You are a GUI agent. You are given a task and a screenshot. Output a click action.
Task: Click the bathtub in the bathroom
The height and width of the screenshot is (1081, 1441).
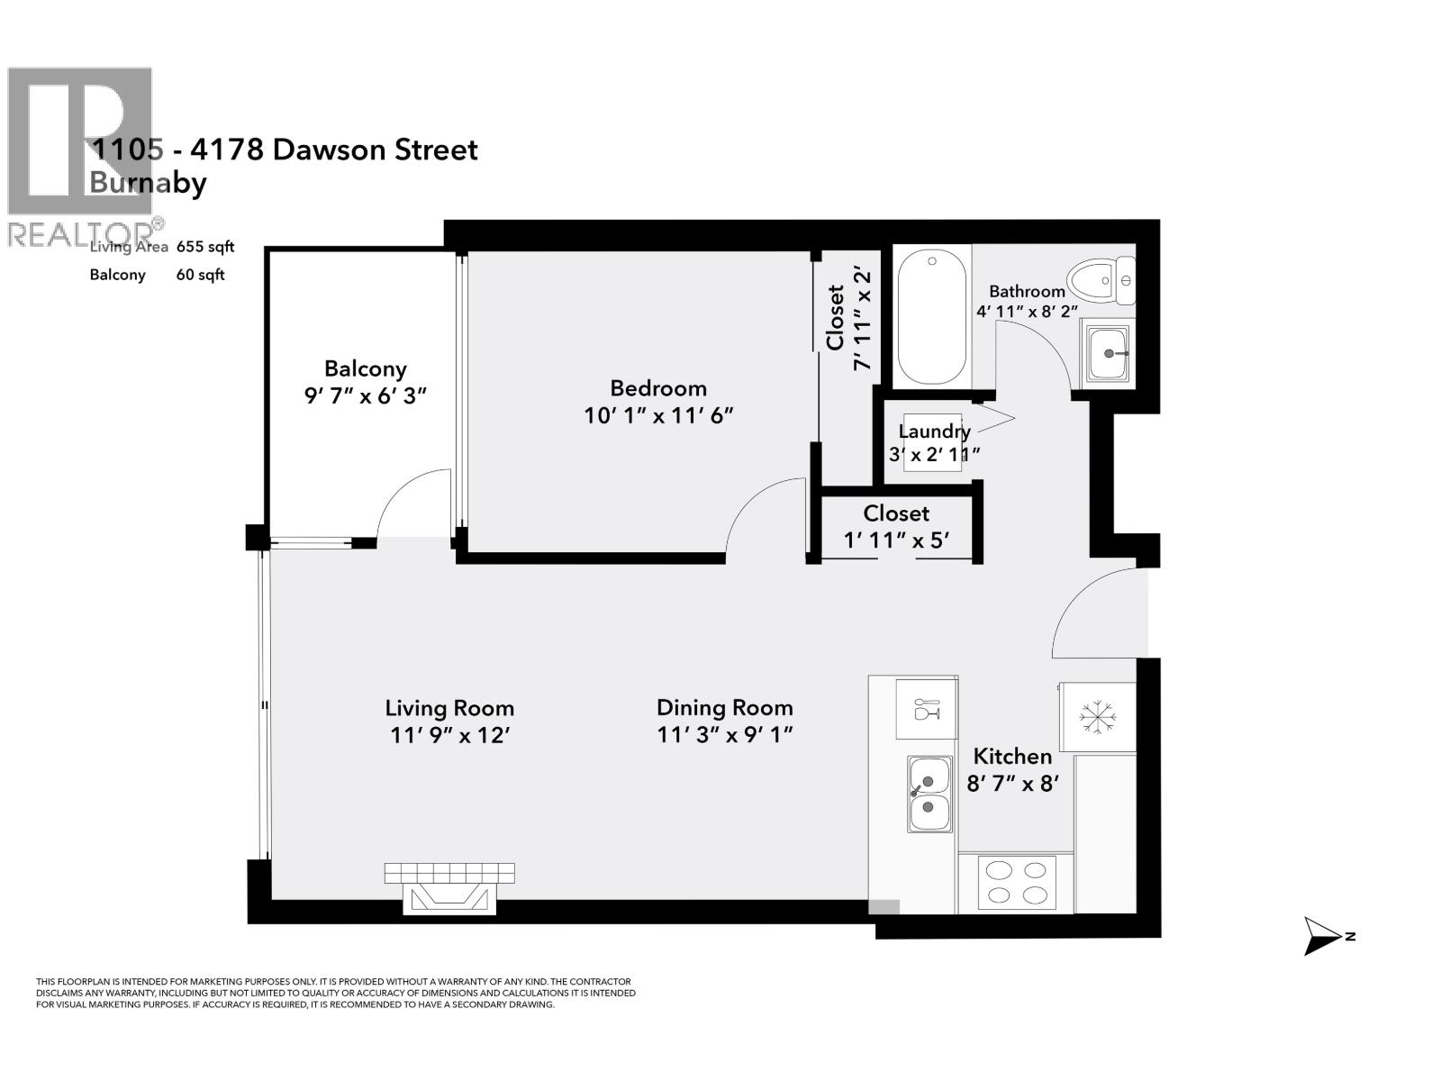931,317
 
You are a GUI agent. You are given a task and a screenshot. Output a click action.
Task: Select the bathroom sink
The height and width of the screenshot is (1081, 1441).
1107,353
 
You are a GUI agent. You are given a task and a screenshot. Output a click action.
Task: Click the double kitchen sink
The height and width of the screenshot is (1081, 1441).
929,794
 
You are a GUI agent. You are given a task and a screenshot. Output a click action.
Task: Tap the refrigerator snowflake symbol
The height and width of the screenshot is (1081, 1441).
1098,716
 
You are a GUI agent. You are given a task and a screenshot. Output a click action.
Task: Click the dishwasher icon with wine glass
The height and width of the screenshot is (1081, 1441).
926,709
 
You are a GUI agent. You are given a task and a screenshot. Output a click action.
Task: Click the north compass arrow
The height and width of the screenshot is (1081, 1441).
1324,937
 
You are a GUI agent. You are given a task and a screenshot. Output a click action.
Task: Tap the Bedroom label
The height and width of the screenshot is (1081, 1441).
658,388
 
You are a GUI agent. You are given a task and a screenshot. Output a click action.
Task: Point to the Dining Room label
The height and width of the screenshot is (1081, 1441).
724,707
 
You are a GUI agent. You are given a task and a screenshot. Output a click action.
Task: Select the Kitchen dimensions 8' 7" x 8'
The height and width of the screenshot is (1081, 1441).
1011,783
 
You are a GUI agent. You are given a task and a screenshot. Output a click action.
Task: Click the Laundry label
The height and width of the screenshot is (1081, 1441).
934,431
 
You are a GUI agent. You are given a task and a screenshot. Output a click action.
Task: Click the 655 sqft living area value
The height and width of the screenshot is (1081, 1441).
205,247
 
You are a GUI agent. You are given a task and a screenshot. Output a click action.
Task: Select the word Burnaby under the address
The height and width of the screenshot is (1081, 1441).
149,183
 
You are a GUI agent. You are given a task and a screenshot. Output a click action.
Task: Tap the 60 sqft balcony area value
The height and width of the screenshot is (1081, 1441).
200,275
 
